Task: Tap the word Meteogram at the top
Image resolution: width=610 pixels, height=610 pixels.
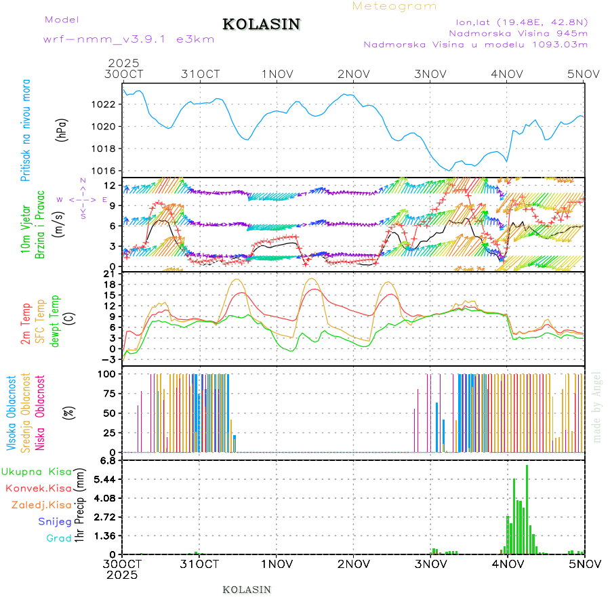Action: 395,6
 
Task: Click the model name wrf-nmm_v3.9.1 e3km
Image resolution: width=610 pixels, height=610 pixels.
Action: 128,39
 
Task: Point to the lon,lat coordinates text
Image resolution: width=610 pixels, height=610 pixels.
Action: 522,20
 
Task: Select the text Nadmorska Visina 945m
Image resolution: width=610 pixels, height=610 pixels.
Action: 518,33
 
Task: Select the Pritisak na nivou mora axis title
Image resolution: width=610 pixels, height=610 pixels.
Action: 26,139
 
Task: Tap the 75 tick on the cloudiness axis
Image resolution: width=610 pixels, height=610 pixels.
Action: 108,392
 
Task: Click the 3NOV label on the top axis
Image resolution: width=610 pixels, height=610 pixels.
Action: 430,73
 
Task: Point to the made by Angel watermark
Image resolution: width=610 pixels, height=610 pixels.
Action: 597,407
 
